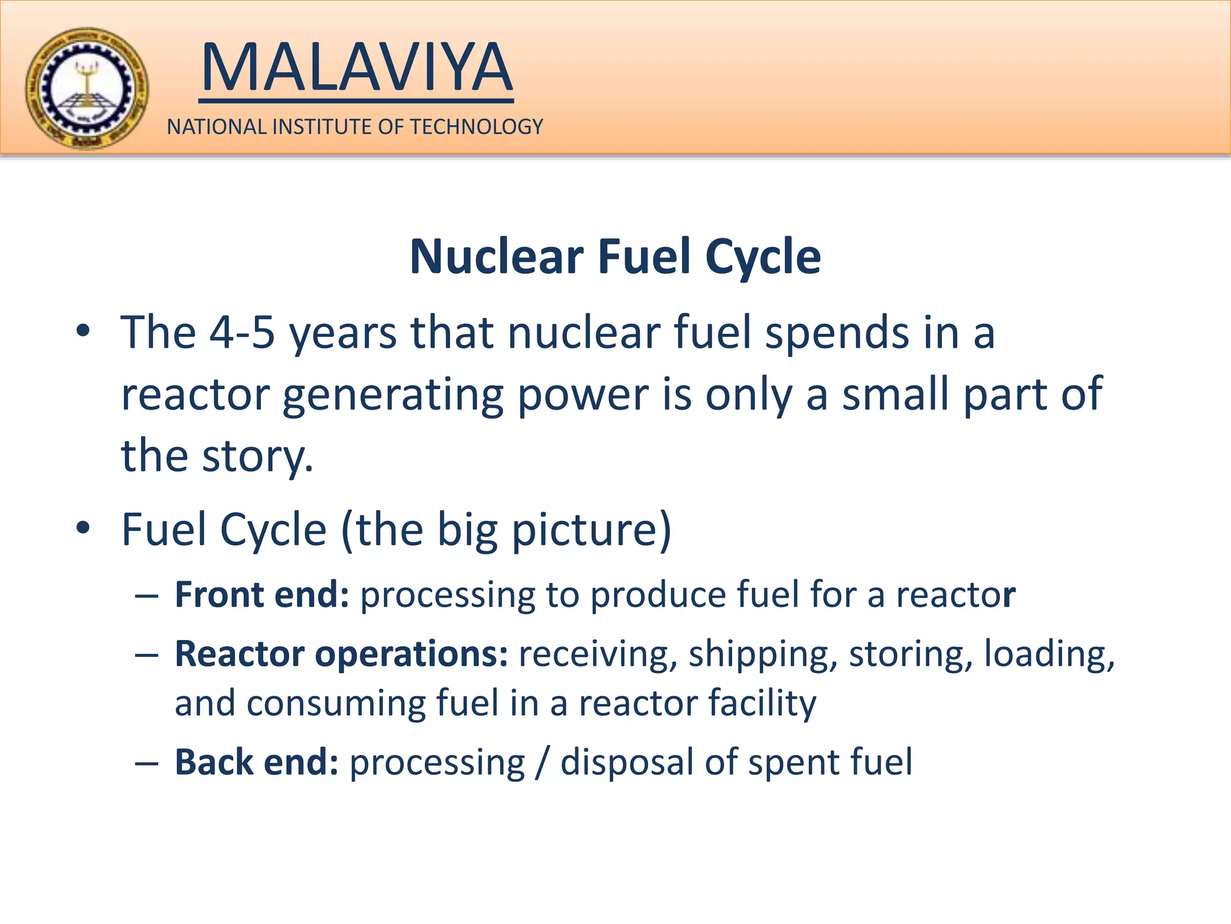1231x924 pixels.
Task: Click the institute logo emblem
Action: [87, 88]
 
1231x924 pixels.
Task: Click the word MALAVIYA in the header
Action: [356, 67]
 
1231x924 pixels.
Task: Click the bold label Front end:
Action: [262, 595]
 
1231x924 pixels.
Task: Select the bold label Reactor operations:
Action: [341, 654]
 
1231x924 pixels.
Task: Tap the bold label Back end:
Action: [257, 762]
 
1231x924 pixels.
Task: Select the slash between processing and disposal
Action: [543, 762]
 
